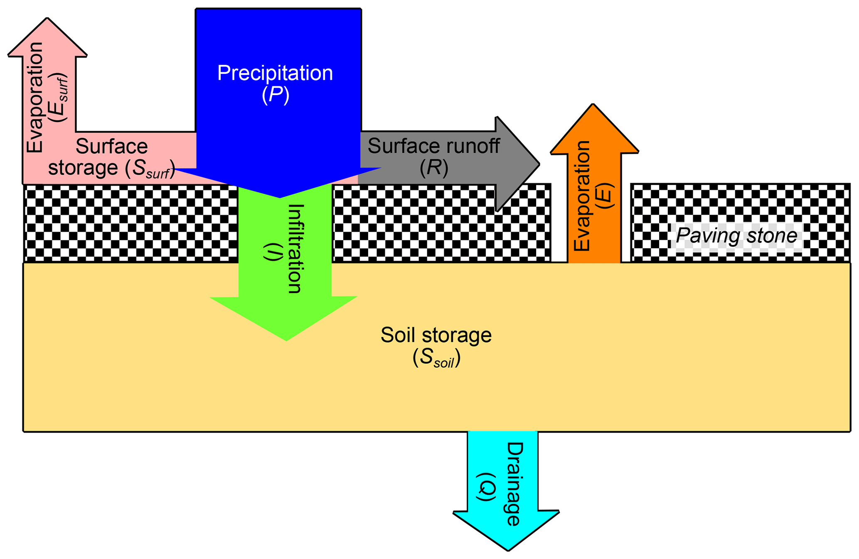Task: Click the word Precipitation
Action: click(275, 73)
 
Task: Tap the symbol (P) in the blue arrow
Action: click(275, 95)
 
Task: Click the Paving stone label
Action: click(736, 236)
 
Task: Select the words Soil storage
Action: click(436, 335)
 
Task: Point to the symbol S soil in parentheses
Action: click(436, 358)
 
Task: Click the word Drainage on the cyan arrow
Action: click(514, 484)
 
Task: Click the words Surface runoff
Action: click(433, 146)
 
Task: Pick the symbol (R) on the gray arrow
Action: click(434, 168)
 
